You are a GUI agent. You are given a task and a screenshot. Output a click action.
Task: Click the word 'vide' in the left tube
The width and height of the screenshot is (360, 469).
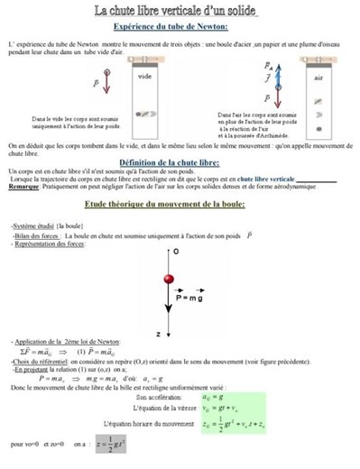[x=145, y=77]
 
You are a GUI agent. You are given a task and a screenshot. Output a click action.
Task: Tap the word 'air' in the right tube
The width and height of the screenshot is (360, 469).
[x=318, y=78]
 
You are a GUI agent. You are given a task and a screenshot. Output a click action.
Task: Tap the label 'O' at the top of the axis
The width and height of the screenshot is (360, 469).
[x=175, y=250]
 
